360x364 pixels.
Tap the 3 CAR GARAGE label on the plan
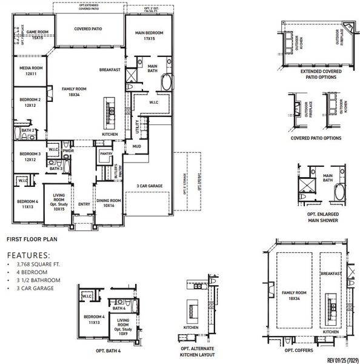tap(148, 186)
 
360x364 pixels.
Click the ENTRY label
tap(84, 204)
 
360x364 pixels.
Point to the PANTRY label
tap(105, 155)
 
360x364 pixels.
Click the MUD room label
tap(137, 146)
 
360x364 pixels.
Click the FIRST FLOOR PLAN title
tap(32, 240)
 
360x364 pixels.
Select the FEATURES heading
tap(28, 255)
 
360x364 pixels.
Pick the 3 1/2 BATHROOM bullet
tap(39, 280)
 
